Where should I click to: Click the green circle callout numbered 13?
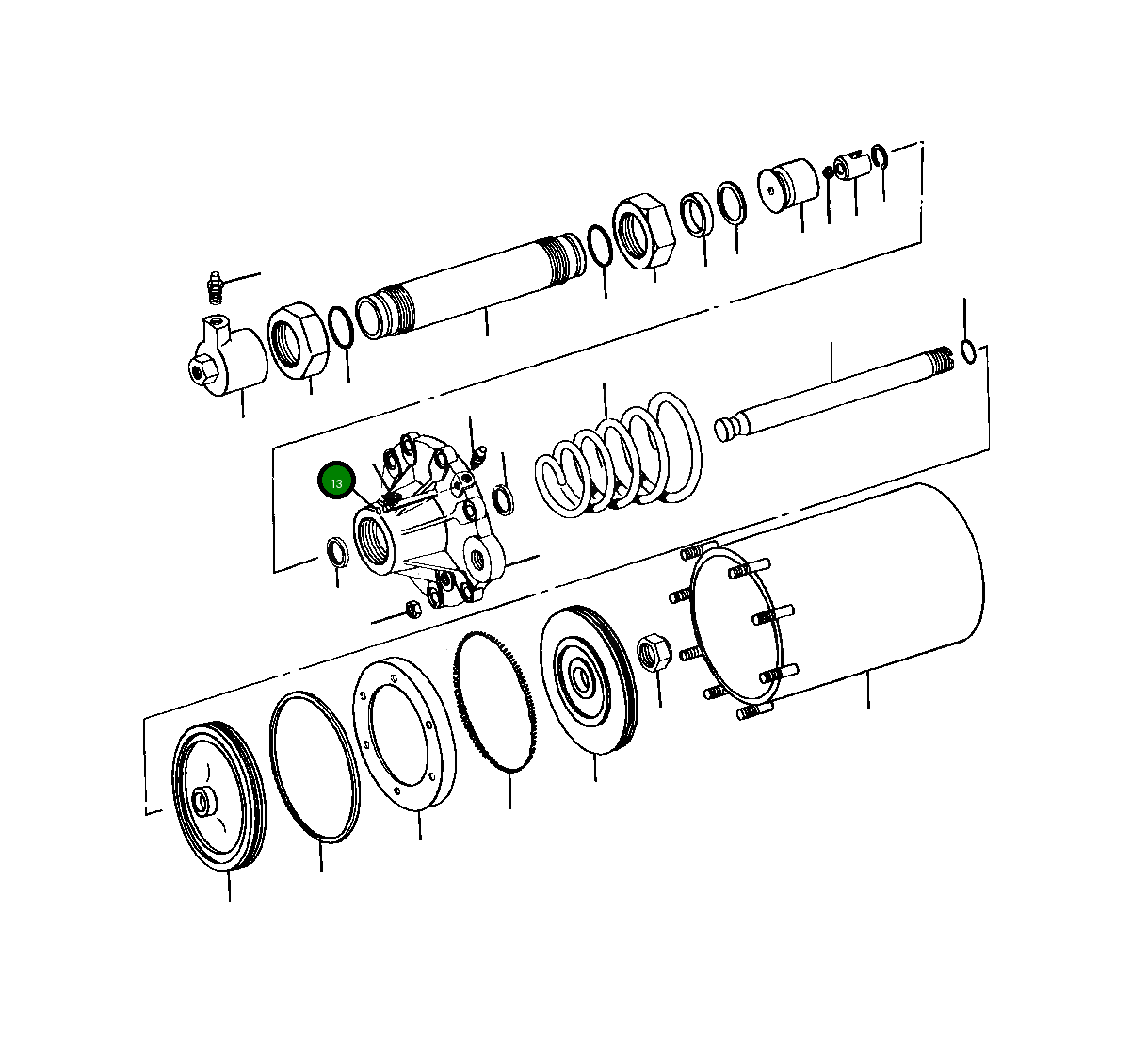pyautogui.click(x=336, y=481)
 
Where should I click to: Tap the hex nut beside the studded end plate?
pyautogui.click(x=654, y=652)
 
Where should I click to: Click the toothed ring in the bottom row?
pyautogui.click(x=497, y=702)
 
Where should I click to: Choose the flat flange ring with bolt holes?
pyautogui.click(x=405, y=733)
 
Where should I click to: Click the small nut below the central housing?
pyautogui.click(x=412, y=608)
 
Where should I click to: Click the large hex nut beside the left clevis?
pyautogui.click(x=297, y=341)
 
